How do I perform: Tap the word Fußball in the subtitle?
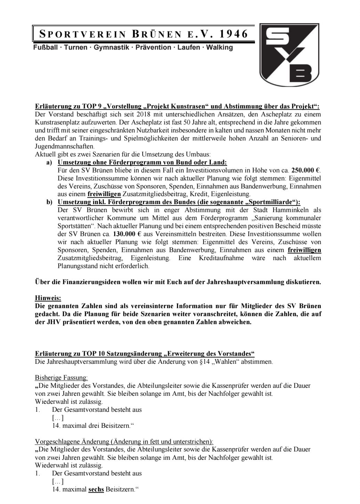45,47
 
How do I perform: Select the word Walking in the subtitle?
219,47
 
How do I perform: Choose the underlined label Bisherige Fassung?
62,377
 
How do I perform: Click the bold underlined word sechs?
96,489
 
